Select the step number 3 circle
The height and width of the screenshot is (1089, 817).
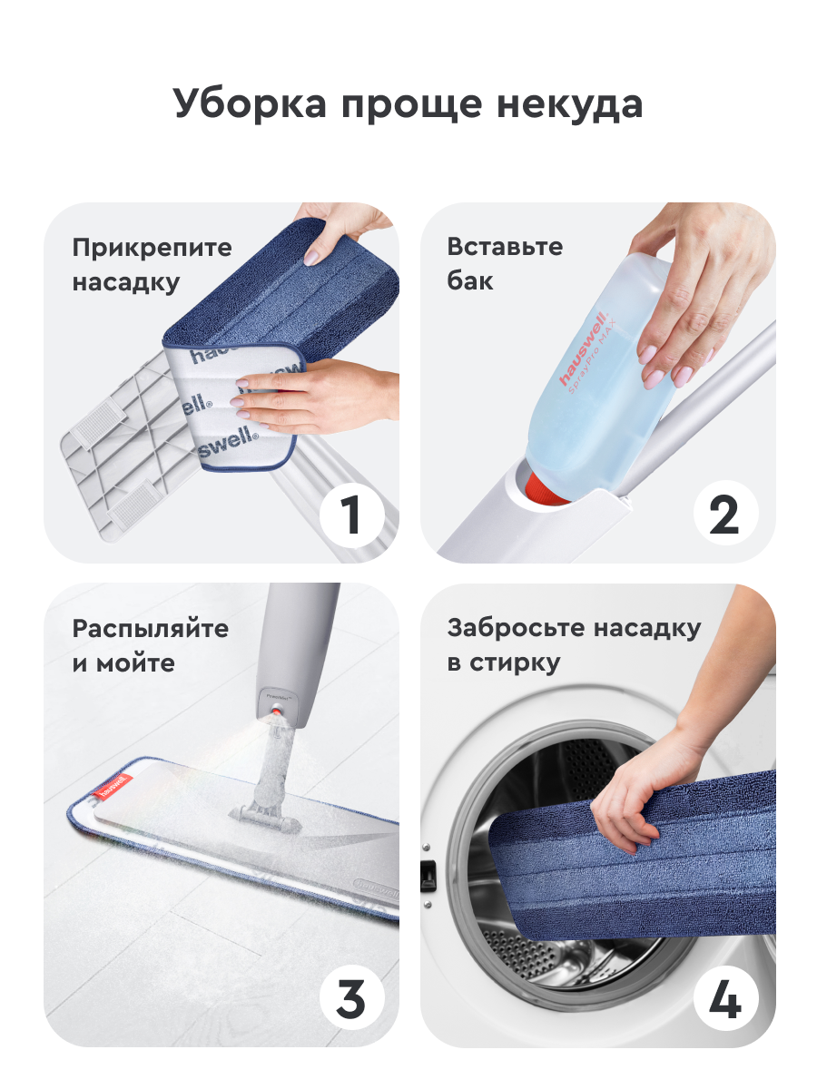(350, 999)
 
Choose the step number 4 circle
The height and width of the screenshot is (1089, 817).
(723, 999)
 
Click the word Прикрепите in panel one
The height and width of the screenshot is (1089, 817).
(153, 248)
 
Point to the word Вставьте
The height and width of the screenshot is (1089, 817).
(505, 247)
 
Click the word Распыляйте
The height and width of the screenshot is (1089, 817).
(151, 629)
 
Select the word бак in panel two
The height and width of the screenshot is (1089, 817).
(470, 281)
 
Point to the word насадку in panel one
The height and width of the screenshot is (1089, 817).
(126, 282)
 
